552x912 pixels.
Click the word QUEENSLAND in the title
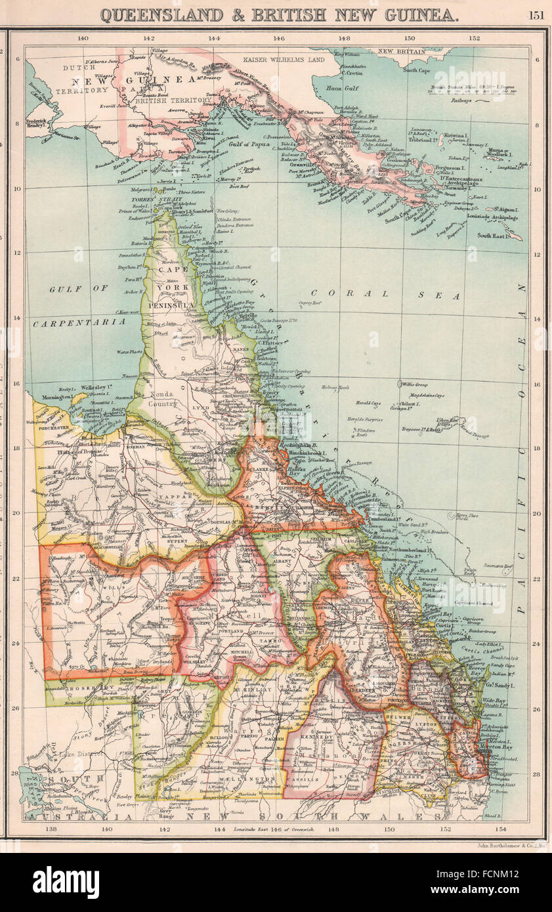pos(161,14)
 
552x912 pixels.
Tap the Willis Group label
pos(417,384)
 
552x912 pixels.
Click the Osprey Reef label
pos(308,302)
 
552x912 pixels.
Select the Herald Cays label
pos(368,404)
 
